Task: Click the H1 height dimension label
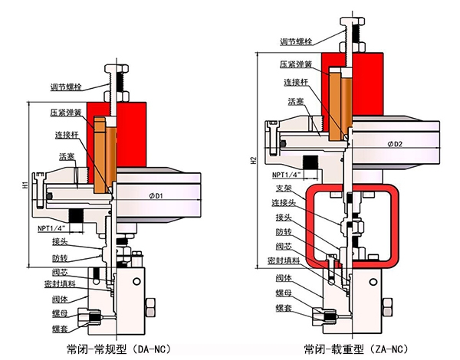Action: pos(25,185)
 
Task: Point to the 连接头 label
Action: pos(284,202)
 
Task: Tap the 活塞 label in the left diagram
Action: pos(66,156)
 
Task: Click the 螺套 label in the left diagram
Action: pos(61,328)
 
